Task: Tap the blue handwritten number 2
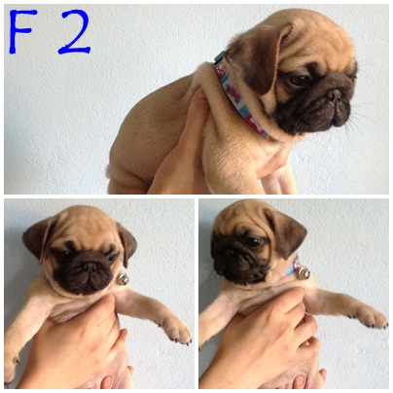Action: point(74,32)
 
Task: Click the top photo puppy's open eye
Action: point(299,80)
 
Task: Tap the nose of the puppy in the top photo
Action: point(334,95)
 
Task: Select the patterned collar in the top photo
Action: point(240,95)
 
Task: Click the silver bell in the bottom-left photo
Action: point(123,279)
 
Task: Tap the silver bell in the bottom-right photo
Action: point(304,271)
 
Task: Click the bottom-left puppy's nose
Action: point(89,267)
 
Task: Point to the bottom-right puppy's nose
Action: point(228,251)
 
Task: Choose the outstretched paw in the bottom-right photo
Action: point(370,316)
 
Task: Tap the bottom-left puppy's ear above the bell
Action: point(127,244)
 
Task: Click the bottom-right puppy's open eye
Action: point(253,241)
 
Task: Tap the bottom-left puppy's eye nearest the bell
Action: point(113,257)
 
